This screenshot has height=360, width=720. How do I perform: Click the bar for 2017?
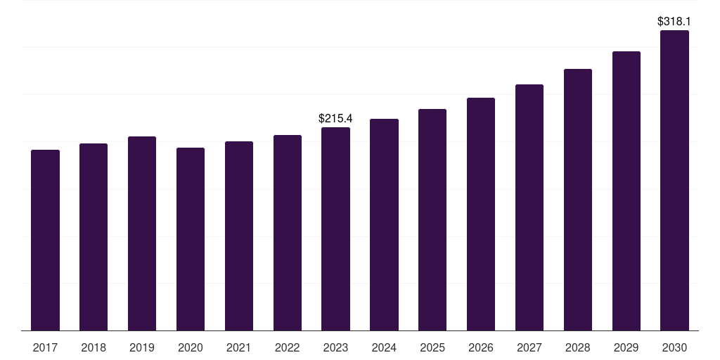(45, 240)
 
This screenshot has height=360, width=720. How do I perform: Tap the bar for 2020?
(191, 239)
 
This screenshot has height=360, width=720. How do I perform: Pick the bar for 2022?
(288, 233)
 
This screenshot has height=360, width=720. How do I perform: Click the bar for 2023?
(335, 229)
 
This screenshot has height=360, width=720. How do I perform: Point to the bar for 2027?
(529, 207)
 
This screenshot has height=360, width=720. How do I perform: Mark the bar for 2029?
(626, 191)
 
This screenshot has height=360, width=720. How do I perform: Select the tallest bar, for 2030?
(675, 180)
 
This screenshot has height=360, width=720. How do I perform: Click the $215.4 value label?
(335, 118)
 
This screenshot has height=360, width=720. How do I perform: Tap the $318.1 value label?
(674, 22)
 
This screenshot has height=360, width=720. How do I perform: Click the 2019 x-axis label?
(142, 347)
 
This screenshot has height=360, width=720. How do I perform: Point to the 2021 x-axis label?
(239, 347)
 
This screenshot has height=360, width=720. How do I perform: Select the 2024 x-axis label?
(384, 347)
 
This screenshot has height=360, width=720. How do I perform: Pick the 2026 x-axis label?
(481, 347)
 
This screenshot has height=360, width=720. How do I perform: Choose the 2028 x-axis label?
(578, 347)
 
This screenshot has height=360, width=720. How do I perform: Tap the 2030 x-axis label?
(675, 347)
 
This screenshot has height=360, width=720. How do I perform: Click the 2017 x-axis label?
(45, 347)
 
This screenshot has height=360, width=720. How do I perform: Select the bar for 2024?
(384, 224)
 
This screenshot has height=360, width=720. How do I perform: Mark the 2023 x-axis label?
(335, 347)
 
